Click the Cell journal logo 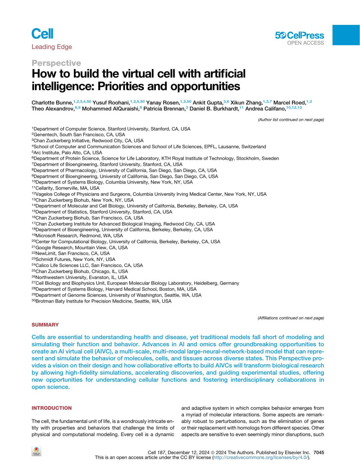(42, 34)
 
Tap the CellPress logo (299, 35)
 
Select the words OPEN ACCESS (305, 43)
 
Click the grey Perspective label (56, 63)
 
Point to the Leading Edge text (52, 47)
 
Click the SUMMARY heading (45, 325)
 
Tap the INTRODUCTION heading (52, 408)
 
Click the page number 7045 (319, 452)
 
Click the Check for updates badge (36, 451)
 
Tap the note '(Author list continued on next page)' (291, 120)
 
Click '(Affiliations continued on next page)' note (291, 318)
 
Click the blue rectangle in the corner (346, 35)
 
